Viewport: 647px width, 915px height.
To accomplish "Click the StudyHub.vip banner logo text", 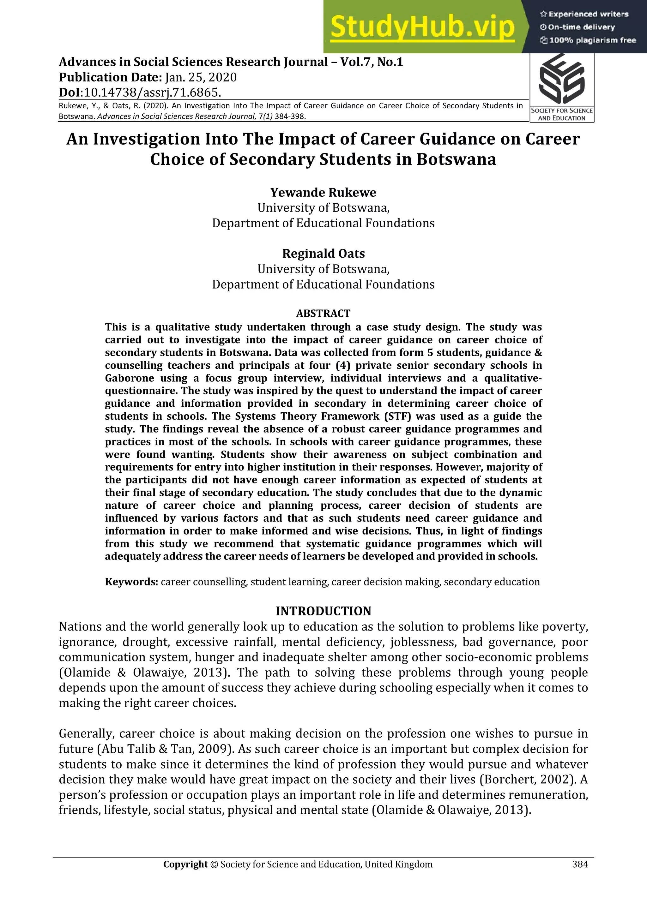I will (423, 27).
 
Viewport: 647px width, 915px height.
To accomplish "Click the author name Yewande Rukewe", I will (323, 193).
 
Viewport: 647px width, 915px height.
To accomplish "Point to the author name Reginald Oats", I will (323, 254).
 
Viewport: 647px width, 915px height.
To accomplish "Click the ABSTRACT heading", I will (323, 313).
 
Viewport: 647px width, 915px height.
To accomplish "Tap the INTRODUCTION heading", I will (323, 611).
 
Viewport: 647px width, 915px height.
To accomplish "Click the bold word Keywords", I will (131, 582).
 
